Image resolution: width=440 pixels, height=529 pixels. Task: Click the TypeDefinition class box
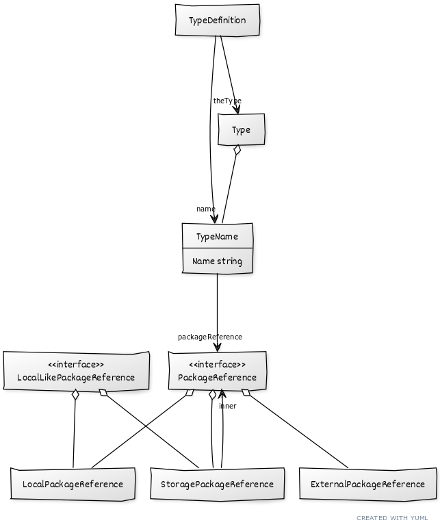(x=218, y=20)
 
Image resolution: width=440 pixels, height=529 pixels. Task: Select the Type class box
(x=241, y=129)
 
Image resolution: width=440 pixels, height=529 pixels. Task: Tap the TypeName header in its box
(x=218, y=237)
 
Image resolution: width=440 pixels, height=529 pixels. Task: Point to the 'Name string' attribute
(x=218, y=261)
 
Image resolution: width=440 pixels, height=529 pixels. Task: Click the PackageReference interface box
(x=218, y=370)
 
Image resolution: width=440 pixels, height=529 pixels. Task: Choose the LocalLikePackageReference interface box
(x=76, y=370)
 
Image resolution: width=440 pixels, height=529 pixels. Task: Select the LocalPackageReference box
(x=73, y=484)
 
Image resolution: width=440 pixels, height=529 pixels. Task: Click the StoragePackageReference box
(x=217, y=484)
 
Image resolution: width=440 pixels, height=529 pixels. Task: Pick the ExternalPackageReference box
(x=367, y=484)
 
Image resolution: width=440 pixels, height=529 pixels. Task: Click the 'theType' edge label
(x=227, y=101)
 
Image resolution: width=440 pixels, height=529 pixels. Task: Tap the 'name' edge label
(x=206, y=209)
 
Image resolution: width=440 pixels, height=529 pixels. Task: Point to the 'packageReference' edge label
(x=210, y=337)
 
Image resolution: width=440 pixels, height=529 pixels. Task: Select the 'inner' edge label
(x=228, y=406)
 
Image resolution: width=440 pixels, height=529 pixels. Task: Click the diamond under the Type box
(x=237, y=150)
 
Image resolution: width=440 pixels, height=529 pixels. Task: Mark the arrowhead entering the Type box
(x=237, y=109)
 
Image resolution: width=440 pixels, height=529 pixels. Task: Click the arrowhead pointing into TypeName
(x=214, y=218)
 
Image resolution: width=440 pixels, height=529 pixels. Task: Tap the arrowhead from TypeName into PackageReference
(x=218, y=347)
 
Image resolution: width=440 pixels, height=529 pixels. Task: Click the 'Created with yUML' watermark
(x=392, y=518)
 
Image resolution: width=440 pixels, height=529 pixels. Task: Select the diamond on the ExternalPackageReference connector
(x=246, y=392)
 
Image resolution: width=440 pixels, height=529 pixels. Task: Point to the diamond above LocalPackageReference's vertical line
(x=75, y=395)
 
